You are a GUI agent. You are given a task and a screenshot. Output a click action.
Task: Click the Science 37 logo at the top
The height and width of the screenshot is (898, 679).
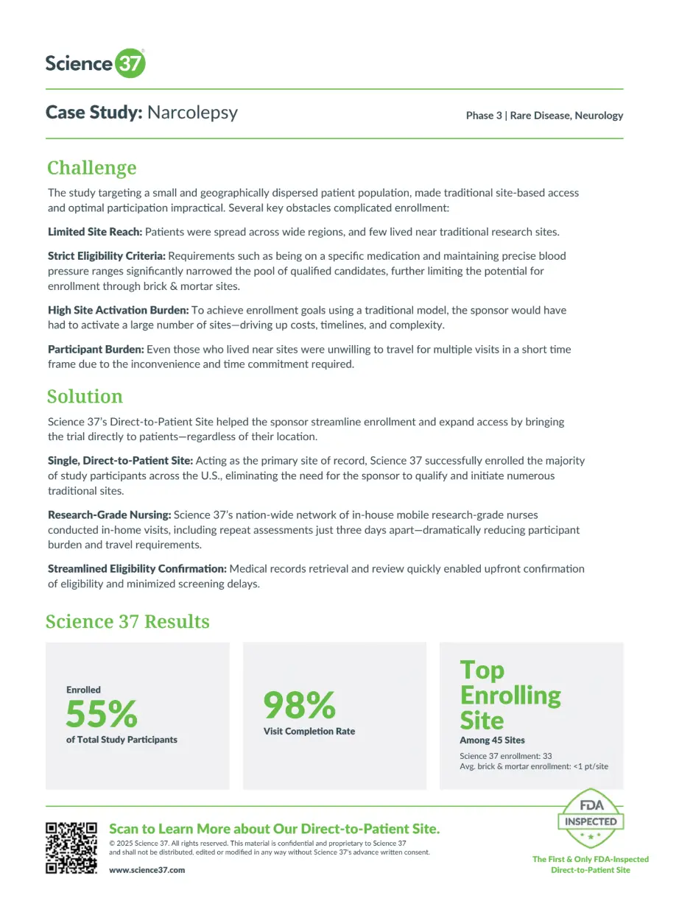tap(95, 63)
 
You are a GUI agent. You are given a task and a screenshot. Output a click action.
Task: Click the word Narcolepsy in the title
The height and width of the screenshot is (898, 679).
tap(192, 112)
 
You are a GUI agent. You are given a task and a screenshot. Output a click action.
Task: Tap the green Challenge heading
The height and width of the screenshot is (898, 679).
tap(91, 168)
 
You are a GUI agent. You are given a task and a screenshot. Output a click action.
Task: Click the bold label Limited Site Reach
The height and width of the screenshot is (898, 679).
tap(94, 232)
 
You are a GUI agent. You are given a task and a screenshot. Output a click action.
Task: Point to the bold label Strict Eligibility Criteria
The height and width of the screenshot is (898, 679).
tap(107, 256)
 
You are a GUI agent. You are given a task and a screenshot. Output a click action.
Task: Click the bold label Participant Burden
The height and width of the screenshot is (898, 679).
tap(96, 349)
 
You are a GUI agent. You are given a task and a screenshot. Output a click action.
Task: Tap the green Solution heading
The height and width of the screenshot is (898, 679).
tap(85, 396)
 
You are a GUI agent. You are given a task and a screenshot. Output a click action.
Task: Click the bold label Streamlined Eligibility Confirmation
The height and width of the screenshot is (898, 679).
tap(137, 569)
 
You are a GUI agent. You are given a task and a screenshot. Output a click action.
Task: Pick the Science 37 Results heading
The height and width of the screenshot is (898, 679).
tap(127, 621)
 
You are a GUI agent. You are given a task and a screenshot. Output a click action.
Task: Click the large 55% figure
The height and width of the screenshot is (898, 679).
tap(102, 713)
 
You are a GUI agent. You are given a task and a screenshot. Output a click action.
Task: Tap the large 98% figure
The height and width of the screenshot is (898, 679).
tap(299, 705)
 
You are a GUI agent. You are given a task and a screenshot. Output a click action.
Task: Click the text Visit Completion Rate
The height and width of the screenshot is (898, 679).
tap(309, 732)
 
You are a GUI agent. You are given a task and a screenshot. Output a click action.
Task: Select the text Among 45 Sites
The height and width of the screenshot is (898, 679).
tap(492, 740)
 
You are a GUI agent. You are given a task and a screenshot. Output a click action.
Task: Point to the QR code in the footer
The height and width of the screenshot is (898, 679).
tap(71, 847)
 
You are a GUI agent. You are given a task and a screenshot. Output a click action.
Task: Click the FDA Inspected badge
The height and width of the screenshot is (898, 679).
tap(590, 819)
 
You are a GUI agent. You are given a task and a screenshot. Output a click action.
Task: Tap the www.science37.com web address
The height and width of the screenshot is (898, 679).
tap(147, 870)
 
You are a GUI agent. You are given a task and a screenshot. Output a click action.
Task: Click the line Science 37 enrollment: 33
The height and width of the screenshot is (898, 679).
tap(505, 756)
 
